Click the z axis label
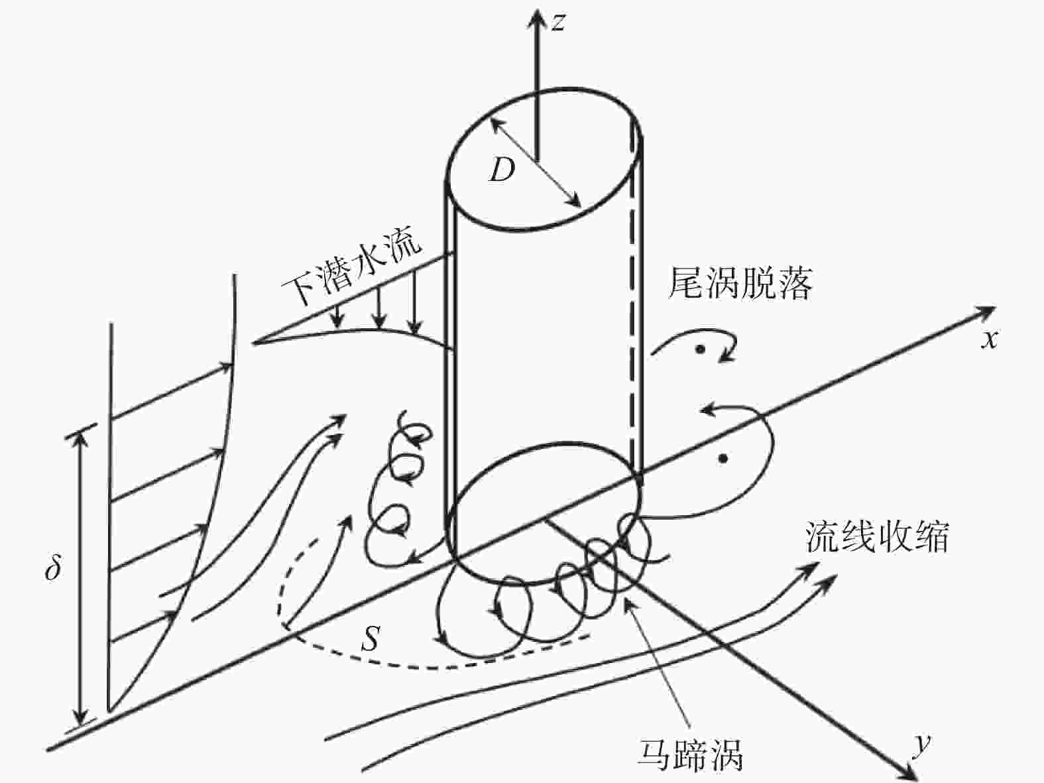(558, 23)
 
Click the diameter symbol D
(502, 170)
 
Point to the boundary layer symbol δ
(53, 568)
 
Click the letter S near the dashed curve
(371, 638)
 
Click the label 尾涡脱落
(740, 284)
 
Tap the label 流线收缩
(877, 537)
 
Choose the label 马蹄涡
(690, 754)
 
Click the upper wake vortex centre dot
(700, 349)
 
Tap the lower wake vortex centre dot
(723, 459)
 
